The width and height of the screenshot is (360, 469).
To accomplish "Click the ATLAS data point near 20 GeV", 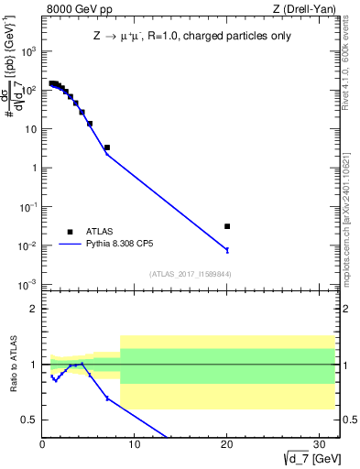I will tap(227, 226).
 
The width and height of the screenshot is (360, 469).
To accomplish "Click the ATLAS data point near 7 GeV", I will tap(107, 147).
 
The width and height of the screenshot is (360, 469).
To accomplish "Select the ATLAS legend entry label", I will tap(101, 232).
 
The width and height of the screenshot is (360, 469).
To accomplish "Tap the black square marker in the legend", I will tap(70, 232).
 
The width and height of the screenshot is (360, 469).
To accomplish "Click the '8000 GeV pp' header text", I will tap(73, 10).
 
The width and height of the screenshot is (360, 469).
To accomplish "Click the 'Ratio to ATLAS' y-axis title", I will tap(13, 365).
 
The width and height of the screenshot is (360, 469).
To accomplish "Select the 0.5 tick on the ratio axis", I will tap(29, 420).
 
